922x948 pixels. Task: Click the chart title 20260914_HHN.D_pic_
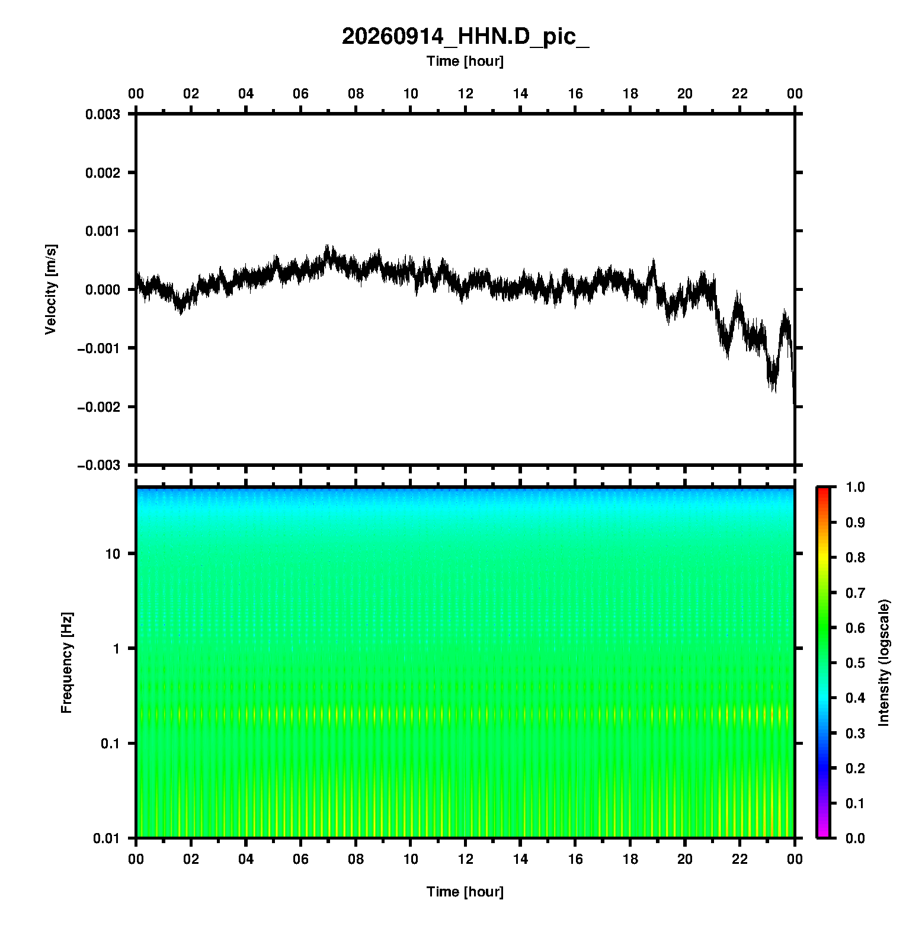[465, 37]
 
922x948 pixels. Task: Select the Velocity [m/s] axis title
[51, 289]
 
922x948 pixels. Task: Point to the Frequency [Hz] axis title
[66, 663]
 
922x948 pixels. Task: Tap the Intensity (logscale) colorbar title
[885, 662]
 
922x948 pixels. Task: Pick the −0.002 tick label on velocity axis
[98, 406]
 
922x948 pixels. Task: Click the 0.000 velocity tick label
[103, 290]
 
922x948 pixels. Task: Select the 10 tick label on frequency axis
[113, 554]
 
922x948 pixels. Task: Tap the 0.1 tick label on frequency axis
[110, 744]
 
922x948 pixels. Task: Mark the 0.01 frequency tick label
[107, 838]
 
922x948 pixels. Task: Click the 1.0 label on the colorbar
[855, 487]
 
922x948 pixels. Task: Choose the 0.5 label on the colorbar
[855, 662]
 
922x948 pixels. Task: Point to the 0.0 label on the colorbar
[855, 838]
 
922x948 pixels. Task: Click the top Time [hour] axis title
[465, 61]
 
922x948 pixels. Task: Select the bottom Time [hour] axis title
[465, 892]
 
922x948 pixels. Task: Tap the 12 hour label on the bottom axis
[466, 859]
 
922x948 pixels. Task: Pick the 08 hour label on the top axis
[356, 94]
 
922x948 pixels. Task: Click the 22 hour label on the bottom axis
[740, 859]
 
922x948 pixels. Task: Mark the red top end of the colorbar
[823, 489]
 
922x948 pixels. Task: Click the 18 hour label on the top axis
[630, 94]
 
